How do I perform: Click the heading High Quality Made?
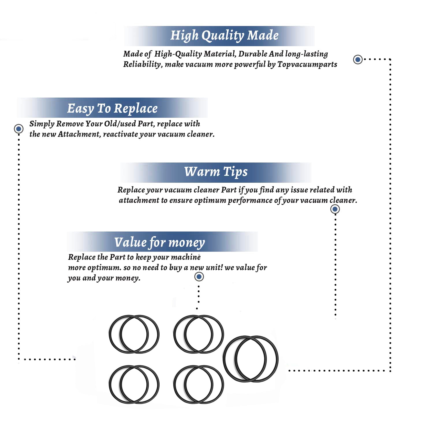[224, 36]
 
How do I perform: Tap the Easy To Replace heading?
[112, 109]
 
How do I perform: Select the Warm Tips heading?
[216, 172]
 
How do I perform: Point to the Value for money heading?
[159, 242]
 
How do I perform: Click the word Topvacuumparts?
[307, 64]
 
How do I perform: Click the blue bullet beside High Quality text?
[358, 59]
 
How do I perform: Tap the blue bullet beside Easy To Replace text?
[19, 129]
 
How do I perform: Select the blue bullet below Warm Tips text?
[335, 209]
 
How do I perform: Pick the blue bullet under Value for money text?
[199, 277]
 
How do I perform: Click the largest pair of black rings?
[251, 359]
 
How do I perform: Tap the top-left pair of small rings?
[134, 334]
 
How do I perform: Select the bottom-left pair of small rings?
[134, 385]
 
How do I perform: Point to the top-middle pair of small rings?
[199, 334]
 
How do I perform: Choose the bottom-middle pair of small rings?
[199, 385]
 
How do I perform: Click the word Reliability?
[142, 64]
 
